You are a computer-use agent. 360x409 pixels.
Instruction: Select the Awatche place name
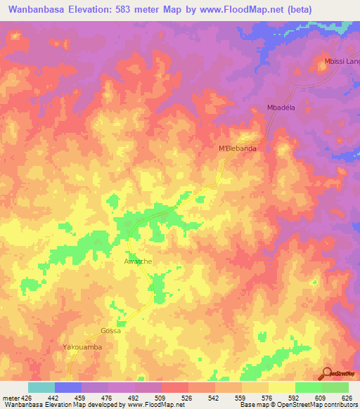click(x=138, y=261)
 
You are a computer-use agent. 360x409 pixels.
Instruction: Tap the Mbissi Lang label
click(x=342, y=61)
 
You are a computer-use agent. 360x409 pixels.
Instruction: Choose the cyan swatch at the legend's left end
click(x=41, y=387)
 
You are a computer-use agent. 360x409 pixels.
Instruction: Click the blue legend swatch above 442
click(x=68, y=387)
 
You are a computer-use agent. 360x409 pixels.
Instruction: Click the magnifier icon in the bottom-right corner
click(x=327, y=373)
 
